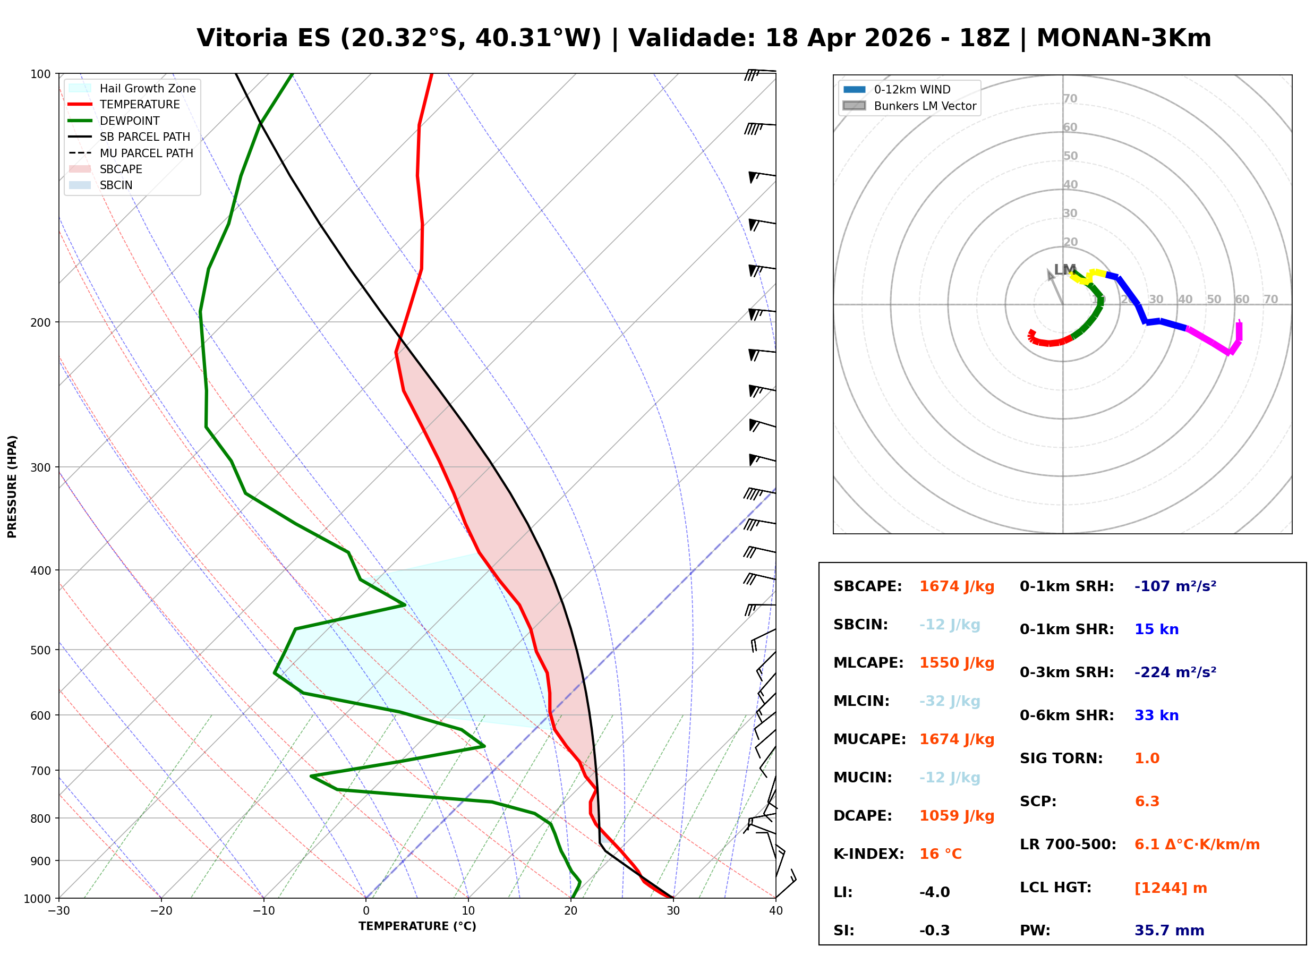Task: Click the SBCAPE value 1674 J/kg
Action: [x=957, y=586]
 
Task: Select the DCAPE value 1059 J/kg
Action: [x=957, y=816]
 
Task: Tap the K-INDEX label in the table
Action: [x=868, y=854]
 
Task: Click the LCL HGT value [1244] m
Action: [x=1171, y=888]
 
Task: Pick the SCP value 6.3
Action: [x=1146, y=802]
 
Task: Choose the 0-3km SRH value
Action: [x=1175, y=672]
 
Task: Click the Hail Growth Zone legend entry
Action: [x=147, y=88]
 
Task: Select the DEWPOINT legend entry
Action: [x=130, y=121]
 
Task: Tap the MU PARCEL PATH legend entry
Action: [x=146, y=153]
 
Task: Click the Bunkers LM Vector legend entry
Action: [x=925, y=106]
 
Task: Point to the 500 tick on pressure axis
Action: [x=40, y=650]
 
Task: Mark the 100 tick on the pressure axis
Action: [x=40, y=73]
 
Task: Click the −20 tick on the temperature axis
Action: [x=161, y=911]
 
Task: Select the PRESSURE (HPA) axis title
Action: [x=12, y=487]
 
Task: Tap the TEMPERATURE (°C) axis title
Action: [x=417, y=927]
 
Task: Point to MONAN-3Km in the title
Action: [x=1123, y=38]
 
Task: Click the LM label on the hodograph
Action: [x=1064, y=269]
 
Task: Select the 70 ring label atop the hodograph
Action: [x=1070, y=98]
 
